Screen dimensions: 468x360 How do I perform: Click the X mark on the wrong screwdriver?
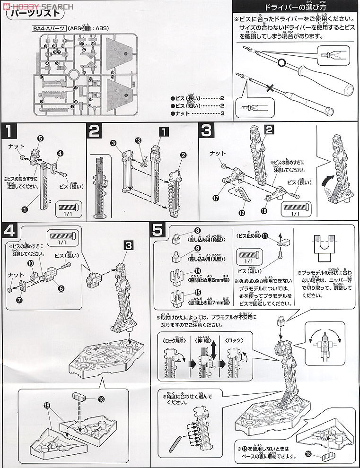coord(270,88)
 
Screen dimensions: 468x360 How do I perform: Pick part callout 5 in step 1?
coord(40,139)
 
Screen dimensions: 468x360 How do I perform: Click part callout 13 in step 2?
coord(138,140)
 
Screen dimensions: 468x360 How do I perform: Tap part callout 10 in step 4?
coord(30,263)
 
